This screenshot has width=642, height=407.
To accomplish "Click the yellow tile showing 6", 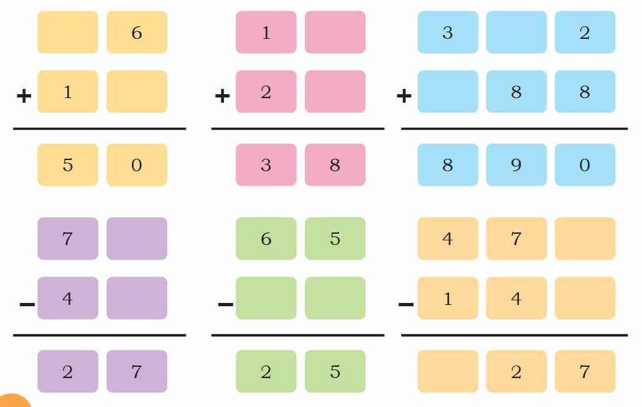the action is [x=137, y=32].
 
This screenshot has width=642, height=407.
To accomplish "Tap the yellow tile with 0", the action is [x=137, y=165].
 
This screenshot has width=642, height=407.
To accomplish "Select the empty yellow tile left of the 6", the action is [x=68, y=32].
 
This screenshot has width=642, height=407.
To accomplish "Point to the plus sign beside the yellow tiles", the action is [x=24, y=95].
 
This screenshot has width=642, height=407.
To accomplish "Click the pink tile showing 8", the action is [x=335, y=165].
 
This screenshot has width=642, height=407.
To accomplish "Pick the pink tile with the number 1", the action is [x=266, y=32].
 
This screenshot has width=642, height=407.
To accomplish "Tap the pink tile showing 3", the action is [x=266, y=165].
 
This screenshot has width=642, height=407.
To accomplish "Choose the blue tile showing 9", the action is [x=516, y=165].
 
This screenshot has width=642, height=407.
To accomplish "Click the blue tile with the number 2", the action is [x=585, y=32].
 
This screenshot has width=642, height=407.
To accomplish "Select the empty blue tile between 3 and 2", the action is [x=516, y=32].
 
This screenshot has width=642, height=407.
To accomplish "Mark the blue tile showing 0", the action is [x=585, y=165].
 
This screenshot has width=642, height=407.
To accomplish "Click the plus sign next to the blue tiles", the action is [x=404, y=95].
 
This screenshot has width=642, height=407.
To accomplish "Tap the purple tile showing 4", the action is [x=68, y=298].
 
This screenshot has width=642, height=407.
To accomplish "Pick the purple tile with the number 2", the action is [x=68, y=371].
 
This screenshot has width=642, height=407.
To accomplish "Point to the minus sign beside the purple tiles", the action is [x=27, y=304].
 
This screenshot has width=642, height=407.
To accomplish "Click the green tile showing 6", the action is [x=266, y=238].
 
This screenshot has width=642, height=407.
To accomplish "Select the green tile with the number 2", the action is [x=266, y=371].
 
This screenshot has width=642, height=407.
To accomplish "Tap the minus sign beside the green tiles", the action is [x=226, y=304].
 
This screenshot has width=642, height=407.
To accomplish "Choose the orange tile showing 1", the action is [x=448, y=298].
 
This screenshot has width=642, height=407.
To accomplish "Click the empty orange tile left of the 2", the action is [x=448, y=371].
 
